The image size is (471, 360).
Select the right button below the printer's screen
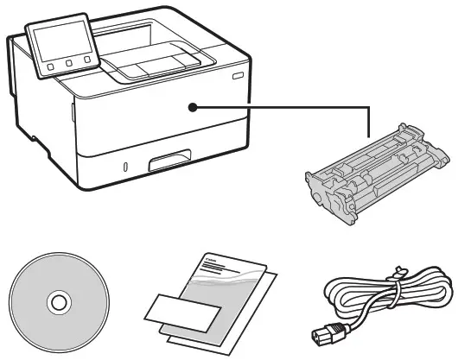coord(87,60)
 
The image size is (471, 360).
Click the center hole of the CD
coord(59,303)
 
